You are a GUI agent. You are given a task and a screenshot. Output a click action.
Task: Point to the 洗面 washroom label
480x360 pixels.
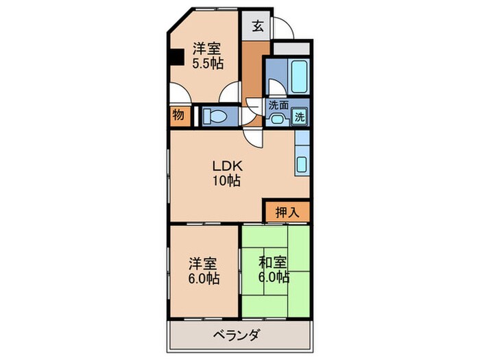tap(278, 106)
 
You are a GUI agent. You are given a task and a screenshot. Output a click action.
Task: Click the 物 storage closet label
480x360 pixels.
tap(178, 115)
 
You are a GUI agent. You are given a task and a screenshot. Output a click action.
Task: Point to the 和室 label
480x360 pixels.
tap(273, 263)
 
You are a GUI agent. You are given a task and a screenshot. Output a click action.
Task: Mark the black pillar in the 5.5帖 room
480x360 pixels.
tap(176, 56)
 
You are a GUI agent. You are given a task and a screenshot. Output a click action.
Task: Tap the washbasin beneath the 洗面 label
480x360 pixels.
tap(278, 118)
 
